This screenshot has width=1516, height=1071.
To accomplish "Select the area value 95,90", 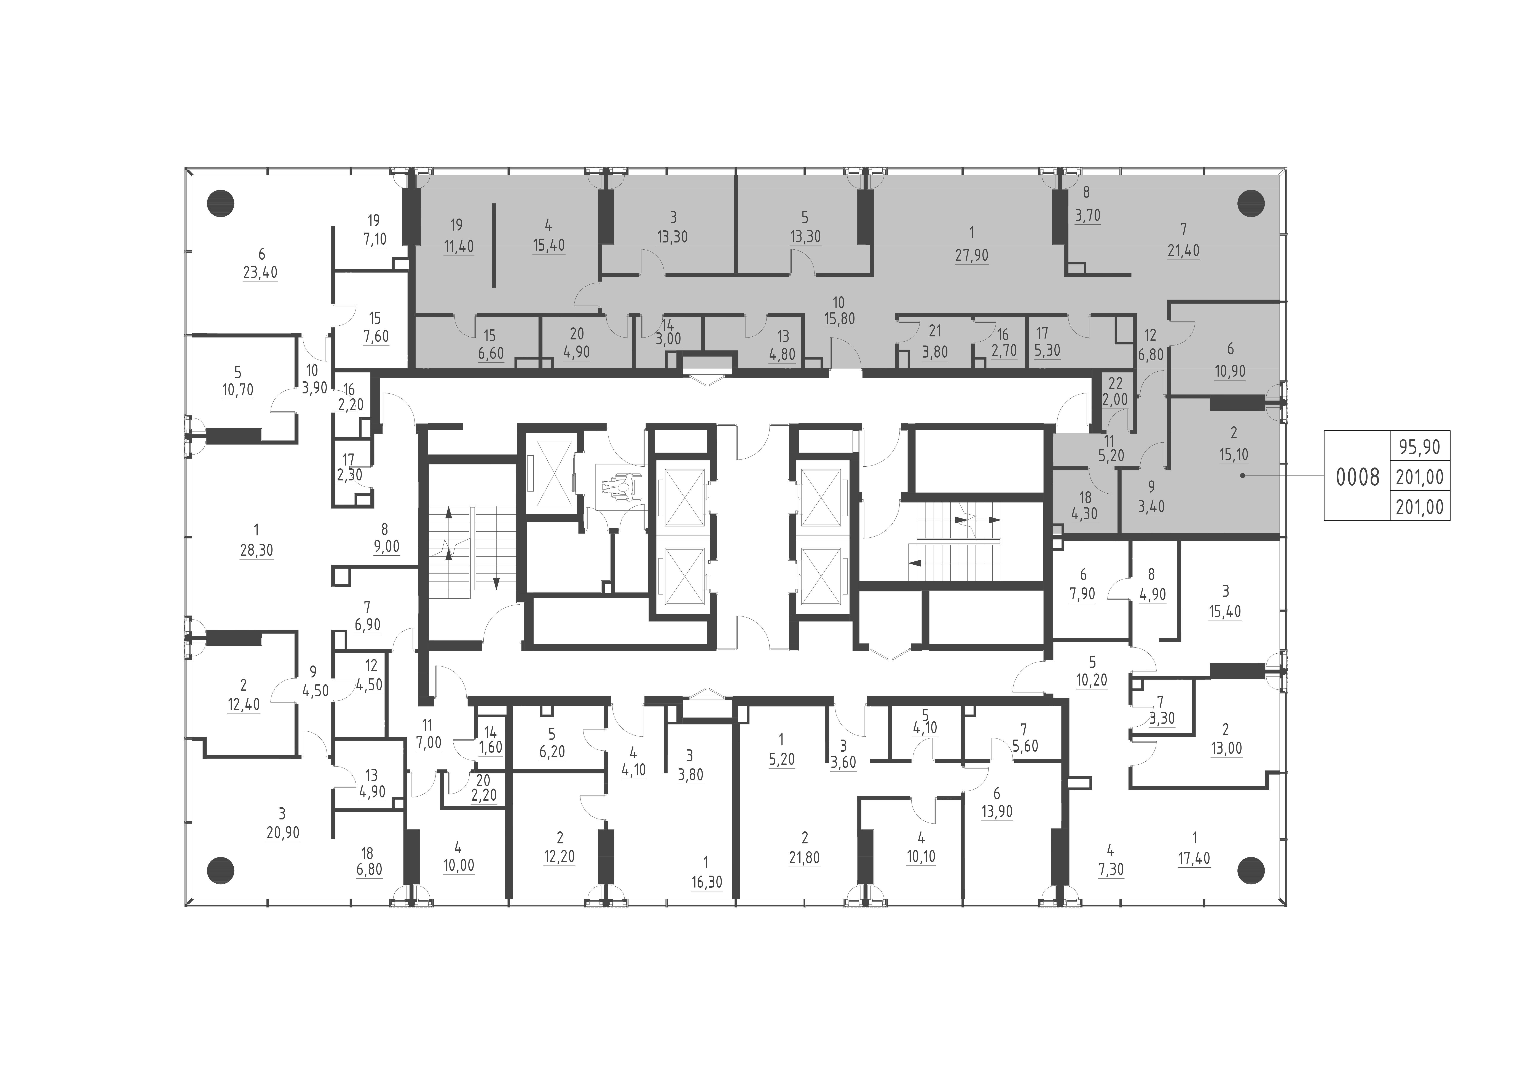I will point(1420,447).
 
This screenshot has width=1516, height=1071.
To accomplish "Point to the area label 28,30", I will point(256,550).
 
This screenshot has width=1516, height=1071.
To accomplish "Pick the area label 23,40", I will point(260,273).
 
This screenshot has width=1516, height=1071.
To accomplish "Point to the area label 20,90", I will point(283,833).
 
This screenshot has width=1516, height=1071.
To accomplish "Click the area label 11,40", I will point(458,247).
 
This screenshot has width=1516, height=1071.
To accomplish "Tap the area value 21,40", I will point(1183,251).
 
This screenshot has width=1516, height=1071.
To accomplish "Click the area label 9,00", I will point(386,547).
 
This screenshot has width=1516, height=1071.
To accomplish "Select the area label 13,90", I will point(996,812).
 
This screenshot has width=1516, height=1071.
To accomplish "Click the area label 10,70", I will point(238,390).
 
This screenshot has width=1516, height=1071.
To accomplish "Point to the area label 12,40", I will point(244,705).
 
